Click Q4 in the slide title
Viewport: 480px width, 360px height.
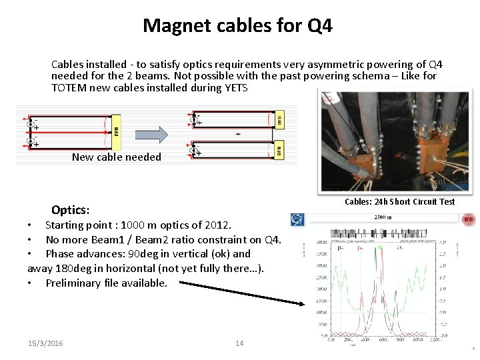point(319,26)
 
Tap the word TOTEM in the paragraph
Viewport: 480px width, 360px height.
point(68,87)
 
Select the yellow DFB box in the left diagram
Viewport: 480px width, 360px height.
point(116,130)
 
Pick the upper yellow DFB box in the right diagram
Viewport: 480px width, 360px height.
point(279,119)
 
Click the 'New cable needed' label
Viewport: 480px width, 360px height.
point(116,157)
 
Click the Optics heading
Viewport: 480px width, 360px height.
point(70,210)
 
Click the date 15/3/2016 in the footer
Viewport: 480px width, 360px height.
point(46,343)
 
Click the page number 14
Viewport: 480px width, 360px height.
point(239,343)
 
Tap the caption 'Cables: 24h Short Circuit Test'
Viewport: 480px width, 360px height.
point(399,201)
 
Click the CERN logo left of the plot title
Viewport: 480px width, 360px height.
point(297,219)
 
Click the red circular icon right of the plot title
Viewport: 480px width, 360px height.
point(468,219)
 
